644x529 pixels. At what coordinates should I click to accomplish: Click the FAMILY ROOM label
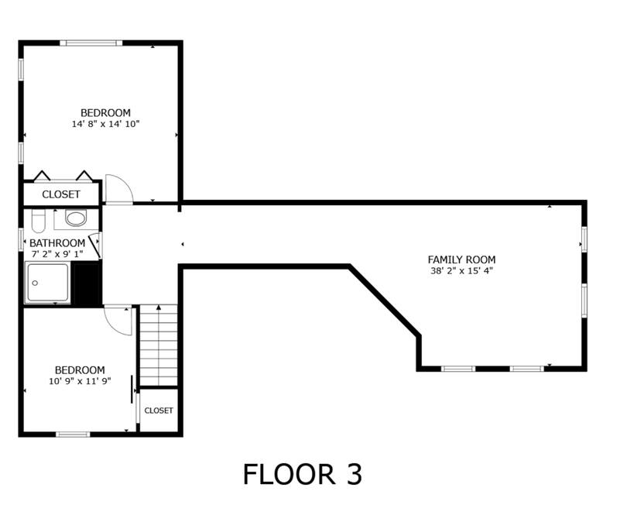[461, 259]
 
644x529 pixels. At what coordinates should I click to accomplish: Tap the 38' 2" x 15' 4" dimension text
[461, 271]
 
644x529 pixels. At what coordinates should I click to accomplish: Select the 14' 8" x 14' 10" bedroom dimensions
[106, 124]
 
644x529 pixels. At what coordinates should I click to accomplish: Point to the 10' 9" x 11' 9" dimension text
[80, 381]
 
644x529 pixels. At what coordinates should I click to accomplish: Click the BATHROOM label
[57, 243]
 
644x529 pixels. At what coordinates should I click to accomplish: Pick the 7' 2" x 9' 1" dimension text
[57, 254]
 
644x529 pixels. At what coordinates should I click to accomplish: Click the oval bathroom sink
[76, 218]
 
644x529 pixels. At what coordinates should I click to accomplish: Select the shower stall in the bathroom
[48, 283]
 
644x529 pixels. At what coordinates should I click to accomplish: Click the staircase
[159, 345]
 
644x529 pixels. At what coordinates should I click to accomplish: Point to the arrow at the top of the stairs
[159, 307]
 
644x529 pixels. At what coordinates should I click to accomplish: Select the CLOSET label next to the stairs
[159, 410]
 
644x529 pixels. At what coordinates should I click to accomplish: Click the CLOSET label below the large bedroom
[61, 194]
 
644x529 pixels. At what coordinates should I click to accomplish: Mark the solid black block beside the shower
[87, 283]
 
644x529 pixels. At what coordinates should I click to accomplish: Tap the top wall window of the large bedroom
[91, 43]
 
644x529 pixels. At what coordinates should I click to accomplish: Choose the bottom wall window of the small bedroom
[73, 434]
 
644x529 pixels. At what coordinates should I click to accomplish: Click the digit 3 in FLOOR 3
[352, 474]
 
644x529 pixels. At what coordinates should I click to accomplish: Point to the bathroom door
[95, 246]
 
